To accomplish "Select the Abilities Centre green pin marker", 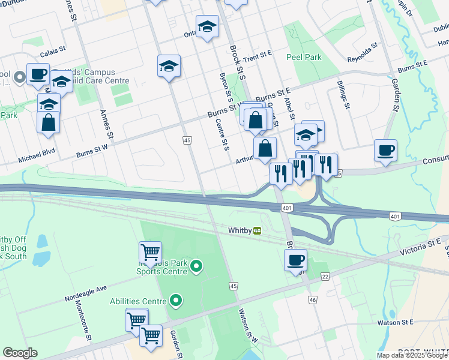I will point(176,299).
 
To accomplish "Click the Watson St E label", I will point(395,322).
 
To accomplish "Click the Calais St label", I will point(53,50).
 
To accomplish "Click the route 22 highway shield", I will point(325,276).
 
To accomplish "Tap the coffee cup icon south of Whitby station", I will point(295,260).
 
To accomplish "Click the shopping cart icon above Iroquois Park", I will point(150,251).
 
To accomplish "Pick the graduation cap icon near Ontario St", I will point(207,27).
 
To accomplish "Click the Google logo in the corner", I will point(20,353).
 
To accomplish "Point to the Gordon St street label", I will point(175,343).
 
